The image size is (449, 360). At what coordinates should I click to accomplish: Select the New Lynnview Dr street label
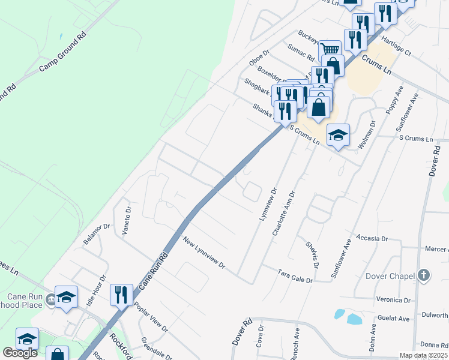pos(204,253)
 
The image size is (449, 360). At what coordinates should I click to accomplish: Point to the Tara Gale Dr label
pos(295,275)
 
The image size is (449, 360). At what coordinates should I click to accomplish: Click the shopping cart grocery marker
pos(329,50)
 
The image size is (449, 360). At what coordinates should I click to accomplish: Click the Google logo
pos(20,353)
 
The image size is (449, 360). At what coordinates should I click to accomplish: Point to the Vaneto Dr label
pos(127,220)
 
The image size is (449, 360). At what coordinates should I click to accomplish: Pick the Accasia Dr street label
pos(372,238)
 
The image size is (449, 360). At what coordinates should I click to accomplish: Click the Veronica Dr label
pos(393,300)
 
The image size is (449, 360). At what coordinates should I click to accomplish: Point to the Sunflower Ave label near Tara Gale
pos(340,258)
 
